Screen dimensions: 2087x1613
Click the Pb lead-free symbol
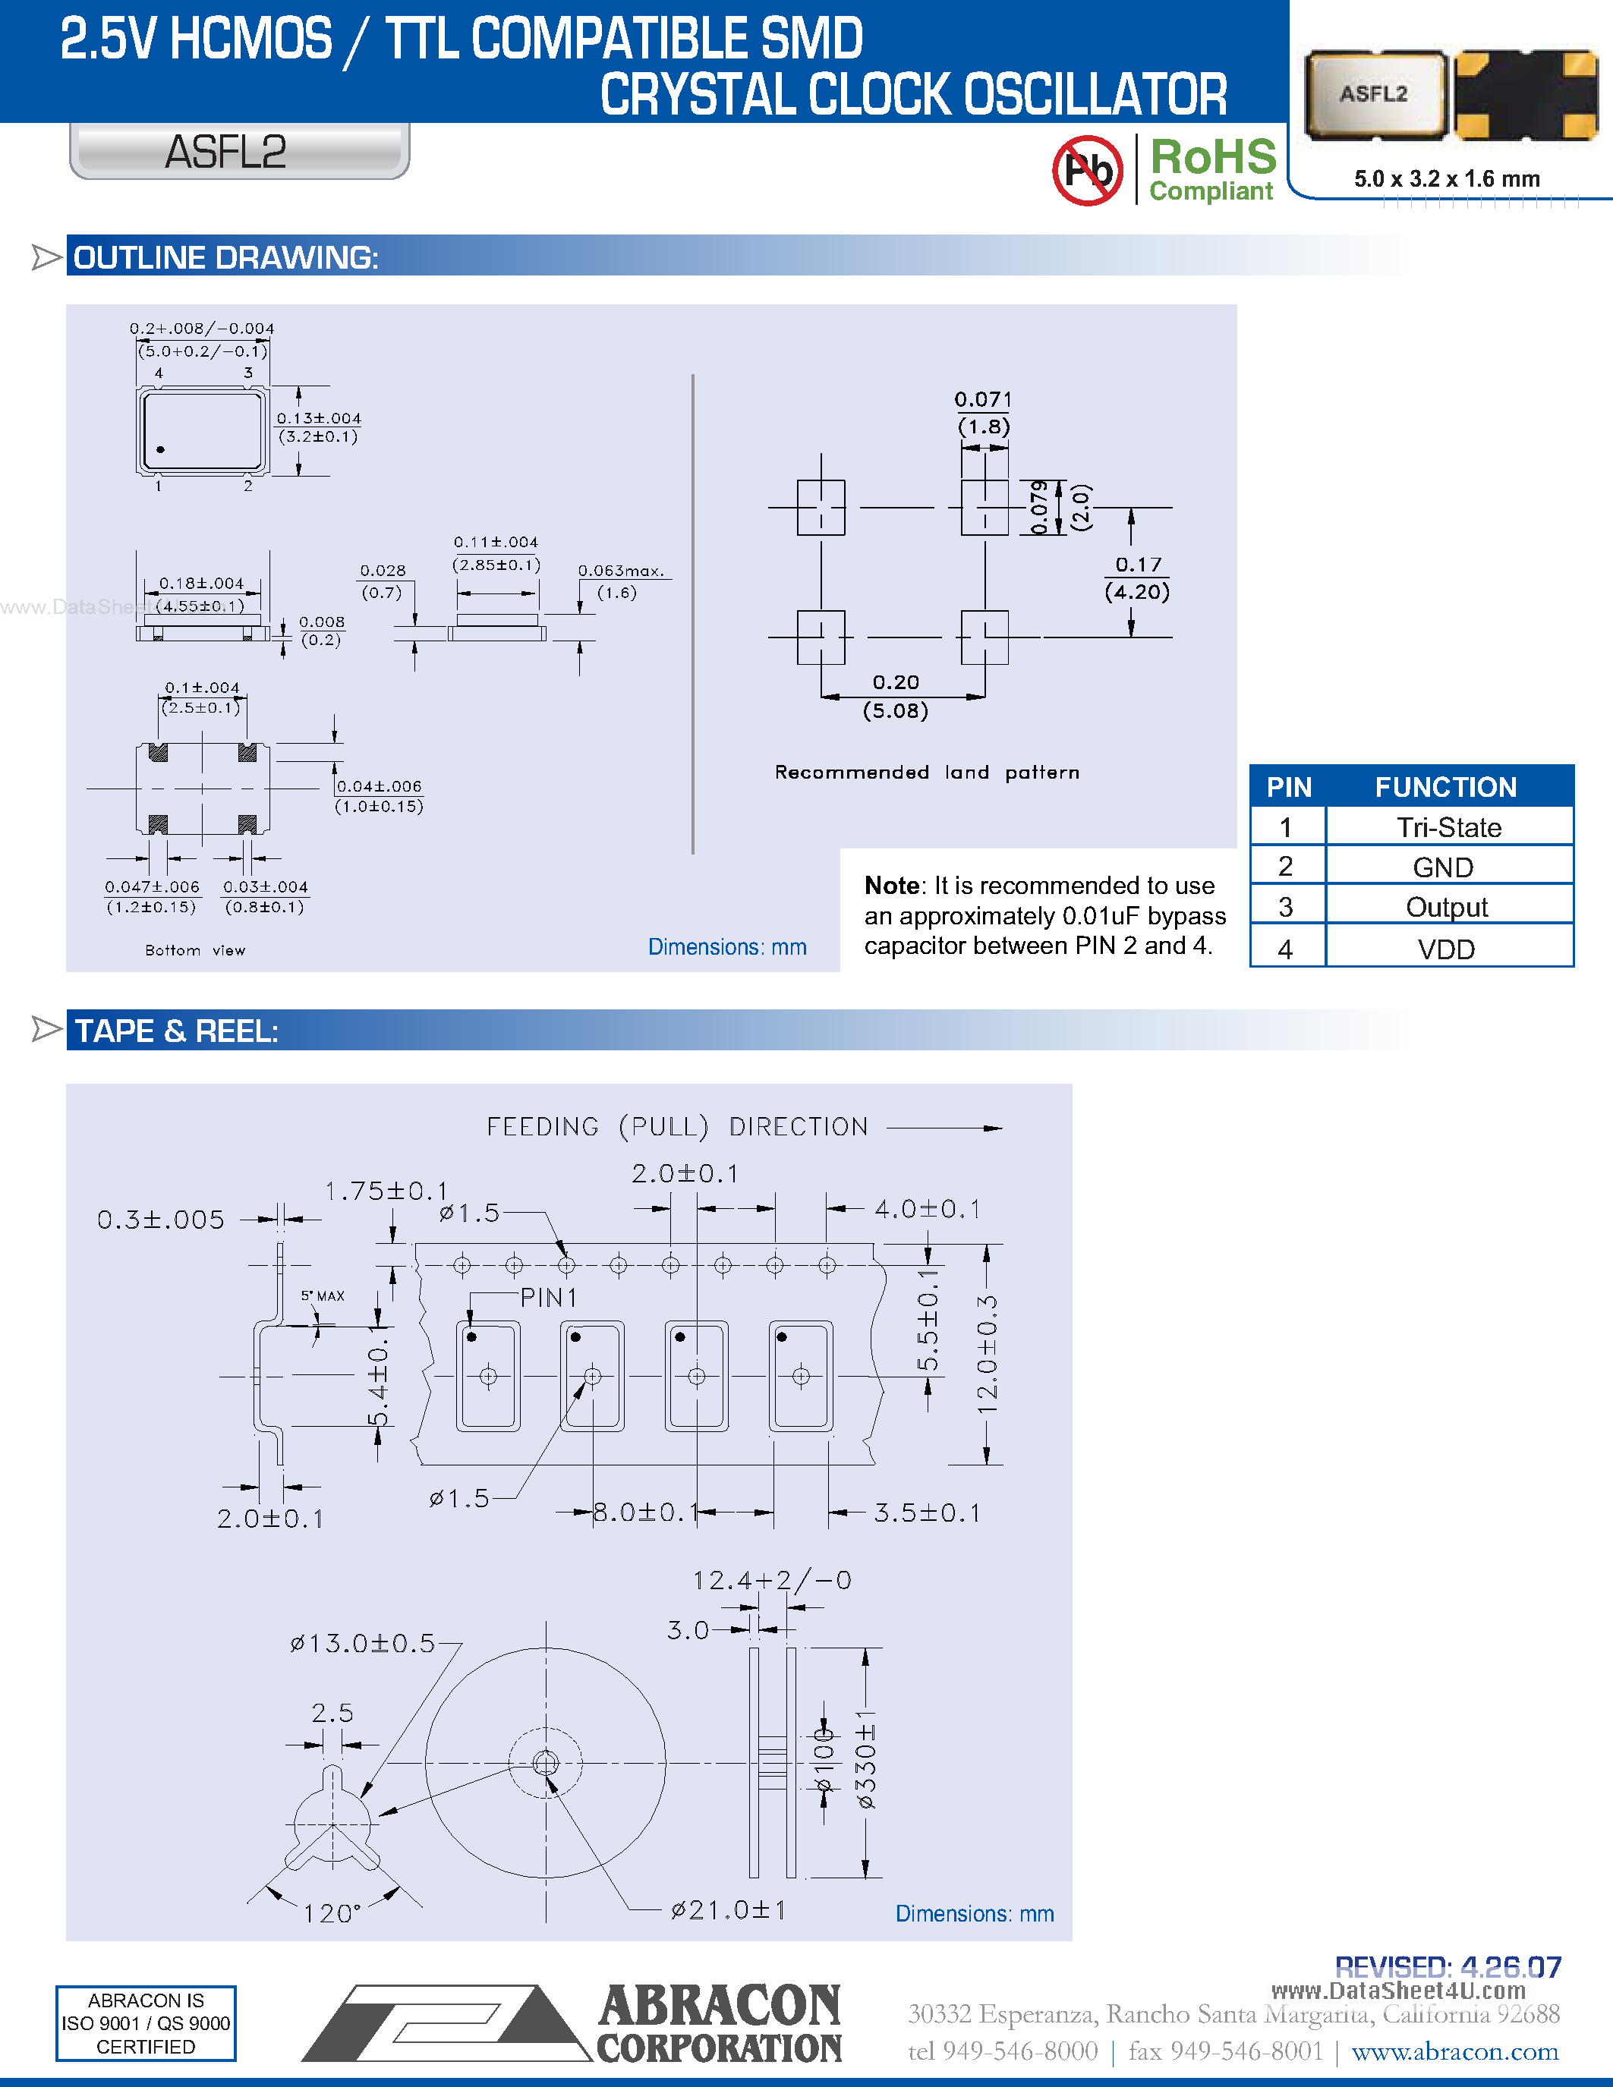pyautogui.click(x=1088, y=170)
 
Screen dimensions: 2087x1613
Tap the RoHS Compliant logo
pyautogui.click(x=1211, y=169)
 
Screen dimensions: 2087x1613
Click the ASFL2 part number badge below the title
pyautogui.click(x=225, y=152)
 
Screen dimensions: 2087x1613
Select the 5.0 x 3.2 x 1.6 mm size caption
pyautogui.click(x=1446, y=178)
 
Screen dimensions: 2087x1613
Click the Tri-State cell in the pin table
pyautogui.click(x=1448, y=827)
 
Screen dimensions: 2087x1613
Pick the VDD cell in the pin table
pyautogui.click(x=1446, y=949)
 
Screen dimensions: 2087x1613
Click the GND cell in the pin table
pyautogui.click(x=1443, y=867)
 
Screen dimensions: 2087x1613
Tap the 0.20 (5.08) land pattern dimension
pyautogui.click(x=896, y=696)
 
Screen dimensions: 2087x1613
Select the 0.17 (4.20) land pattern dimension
pyautogui.click(x=1137, y=578)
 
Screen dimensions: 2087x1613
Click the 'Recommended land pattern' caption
pyautogui.click(x=927, y=772)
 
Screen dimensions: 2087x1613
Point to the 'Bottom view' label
pyautogui.click(x=195, y=950)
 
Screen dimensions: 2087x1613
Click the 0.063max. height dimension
pyautogui.click(x=619, y=581)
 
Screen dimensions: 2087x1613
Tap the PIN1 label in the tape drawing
pyautogui.click(x=549, y=1298)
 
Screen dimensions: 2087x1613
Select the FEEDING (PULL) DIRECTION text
pyautogui.click(x=676, y=1127)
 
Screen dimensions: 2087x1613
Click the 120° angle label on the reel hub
pyautogui.click(x=332, y=1913)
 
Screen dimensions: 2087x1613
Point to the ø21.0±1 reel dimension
pyautogui.click(x=728, y=1909)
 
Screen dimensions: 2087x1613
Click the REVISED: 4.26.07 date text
pyautogui.click(x=1448, y=1966)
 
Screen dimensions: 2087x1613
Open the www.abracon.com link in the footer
pyautogui.click(x=1454, y=2051)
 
